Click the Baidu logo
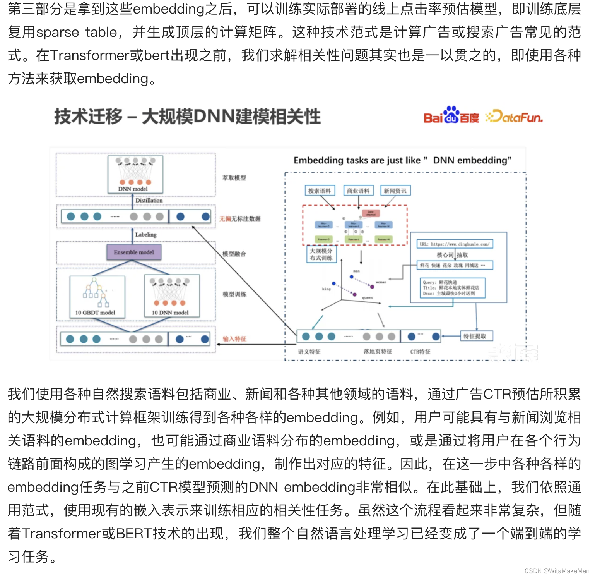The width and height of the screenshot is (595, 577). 451,116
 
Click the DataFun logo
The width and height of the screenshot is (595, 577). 515,117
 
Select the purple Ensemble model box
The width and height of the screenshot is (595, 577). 134,252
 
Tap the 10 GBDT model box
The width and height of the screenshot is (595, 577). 97,297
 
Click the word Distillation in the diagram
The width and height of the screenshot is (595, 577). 149,201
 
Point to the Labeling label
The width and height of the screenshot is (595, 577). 146,235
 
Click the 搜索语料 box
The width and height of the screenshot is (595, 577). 320,191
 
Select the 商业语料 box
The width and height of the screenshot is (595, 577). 358,191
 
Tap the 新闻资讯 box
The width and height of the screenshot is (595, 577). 395,191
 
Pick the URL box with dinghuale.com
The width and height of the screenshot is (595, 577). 455,244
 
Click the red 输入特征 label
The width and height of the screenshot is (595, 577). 234,339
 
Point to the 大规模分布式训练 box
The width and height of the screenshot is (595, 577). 321,254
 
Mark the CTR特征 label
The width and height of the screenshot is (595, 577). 420,352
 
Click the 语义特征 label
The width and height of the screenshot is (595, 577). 309,352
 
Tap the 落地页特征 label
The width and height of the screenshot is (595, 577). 378,351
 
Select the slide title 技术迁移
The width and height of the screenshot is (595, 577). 88,117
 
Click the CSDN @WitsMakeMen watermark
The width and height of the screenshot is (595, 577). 557,571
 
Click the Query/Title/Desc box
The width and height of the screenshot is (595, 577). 452,288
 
